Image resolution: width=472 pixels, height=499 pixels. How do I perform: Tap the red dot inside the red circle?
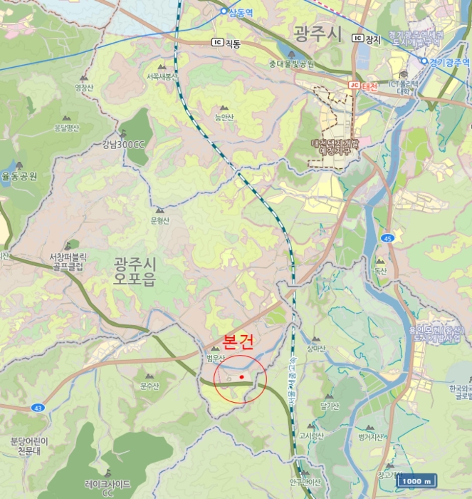coord(242,376)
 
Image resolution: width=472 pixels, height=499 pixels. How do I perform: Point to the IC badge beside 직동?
coord(216,43)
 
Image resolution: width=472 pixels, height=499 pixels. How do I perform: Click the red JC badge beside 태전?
coord(354,86)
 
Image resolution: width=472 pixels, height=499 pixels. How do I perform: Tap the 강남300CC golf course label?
coord(123,144)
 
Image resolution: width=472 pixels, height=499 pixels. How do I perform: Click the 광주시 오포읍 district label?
coord(135,271)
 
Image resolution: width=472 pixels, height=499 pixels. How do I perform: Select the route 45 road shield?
coord(387,238)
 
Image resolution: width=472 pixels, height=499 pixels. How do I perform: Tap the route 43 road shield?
coord(37,408)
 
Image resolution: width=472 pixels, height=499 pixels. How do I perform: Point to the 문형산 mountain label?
coord(160,220)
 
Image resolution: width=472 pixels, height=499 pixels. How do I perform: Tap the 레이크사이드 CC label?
coord(107,488)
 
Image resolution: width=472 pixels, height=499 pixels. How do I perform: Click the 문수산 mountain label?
coord(150,386)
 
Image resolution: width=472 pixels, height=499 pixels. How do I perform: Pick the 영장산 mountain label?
coord(84,88)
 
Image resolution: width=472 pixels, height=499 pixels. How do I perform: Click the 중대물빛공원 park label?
coord(291,64)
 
